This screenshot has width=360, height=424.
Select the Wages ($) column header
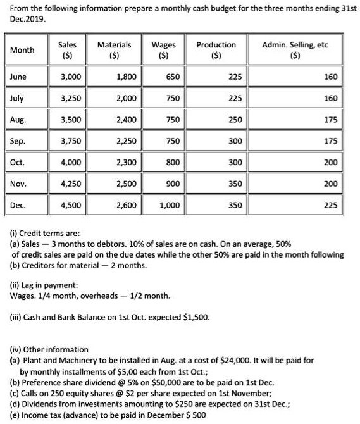(164, 49)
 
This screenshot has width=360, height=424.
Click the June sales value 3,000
(70, 77)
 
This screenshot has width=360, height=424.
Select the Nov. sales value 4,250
(70, 184)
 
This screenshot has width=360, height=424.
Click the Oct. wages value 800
(173, 163)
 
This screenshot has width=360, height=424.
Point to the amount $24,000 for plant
(219, 360)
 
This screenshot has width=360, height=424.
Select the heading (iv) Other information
(49, 349)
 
